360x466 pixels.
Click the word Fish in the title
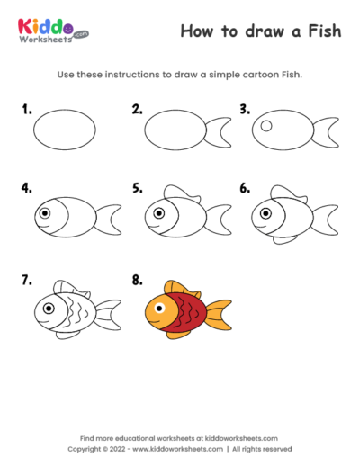tap(323, 31)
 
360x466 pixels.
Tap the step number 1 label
tap(27, 111)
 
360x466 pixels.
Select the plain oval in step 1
tap(64, 130)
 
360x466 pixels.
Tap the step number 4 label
tap(27, 190)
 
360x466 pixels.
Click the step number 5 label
tap(137, 190)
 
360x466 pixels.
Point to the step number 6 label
tap(244, 190)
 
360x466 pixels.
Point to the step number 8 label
tap(137, 281)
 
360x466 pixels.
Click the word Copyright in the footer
tap(87, 448)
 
